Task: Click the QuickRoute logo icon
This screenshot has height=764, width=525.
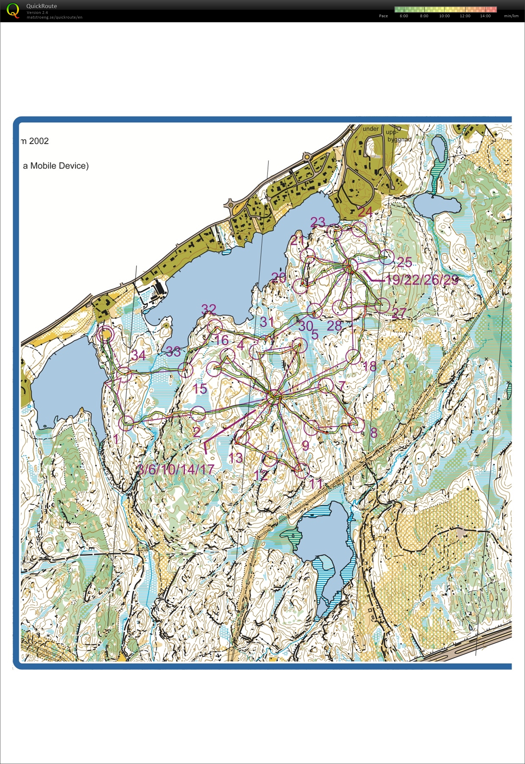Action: coord(13,10)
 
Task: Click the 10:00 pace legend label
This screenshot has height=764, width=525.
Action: coord(444,16)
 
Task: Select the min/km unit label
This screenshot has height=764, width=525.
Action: coord(511,16)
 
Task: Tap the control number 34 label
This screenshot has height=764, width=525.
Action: coord(138,355)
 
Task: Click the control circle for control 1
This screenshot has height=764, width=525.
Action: coord(126,423)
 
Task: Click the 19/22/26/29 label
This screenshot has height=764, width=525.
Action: coord(422,280)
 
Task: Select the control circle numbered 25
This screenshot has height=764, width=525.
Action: coord(387,257)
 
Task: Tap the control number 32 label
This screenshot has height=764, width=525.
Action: coord(209,309)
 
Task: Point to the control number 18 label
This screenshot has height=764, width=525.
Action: coord(369,366)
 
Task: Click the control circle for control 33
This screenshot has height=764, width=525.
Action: coord(185,370)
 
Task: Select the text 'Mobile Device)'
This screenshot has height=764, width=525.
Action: coord(59,166)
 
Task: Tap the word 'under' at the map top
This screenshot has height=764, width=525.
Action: coord(371,129)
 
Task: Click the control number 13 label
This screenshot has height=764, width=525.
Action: coord(236,458)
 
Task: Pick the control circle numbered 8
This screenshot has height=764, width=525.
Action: coord(357,425)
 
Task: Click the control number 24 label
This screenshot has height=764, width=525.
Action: coord(365,212)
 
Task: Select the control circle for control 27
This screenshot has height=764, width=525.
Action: coord(382,306)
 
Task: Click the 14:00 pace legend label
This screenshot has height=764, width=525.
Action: coord(485,16)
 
